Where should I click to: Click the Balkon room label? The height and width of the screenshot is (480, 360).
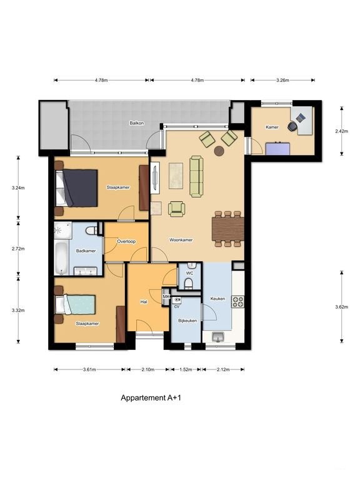[x=136, y=123]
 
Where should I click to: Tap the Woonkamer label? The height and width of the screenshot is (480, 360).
[x=181, y=240]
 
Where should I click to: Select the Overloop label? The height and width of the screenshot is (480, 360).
[x=126, y=241]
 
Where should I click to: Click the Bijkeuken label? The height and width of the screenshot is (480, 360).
[x=187, y=321]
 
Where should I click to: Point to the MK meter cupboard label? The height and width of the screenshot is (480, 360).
[x=166, y=297]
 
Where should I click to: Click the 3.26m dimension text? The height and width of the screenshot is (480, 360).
[x=282, y=81]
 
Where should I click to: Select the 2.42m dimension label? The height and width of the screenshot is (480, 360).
[x=342, y=131]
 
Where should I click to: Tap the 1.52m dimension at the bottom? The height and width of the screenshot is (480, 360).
[x=186, y=369]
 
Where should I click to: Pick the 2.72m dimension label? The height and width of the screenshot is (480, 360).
[x=18, y=249]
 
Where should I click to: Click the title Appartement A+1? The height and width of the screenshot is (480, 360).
[x=151, y=397]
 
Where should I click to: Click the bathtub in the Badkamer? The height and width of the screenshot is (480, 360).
[x=61, y=258]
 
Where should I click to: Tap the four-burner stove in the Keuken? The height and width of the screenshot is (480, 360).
[x=238, y=301]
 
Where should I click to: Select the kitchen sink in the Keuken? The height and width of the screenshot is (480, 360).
[x=218, y=337]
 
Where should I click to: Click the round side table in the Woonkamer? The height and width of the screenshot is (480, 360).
[x=219, y=151]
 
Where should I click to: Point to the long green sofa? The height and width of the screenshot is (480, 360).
[x=196, y=176]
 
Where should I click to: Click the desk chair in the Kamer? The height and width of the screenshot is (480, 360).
[x=292, y=126]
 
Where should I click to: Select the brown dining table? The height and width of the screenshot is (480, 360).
[x=227, y=229]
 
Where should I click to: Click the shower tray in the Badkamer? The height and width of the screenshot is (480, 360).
[x=62, y=231]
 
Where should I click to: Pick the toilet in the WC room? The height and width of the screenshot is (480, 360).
[x=189, y=283]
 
